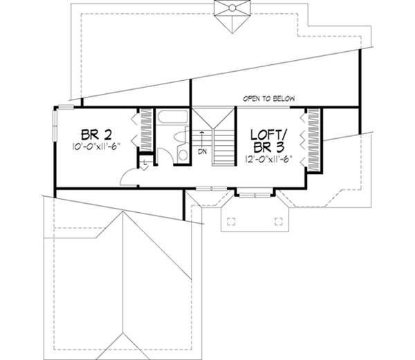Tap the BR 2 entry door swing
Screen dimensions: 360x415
pos(129,178)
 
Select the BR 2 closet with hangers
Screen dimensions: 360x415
pos(146,127)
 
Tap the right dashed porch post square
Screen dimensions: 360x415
pos(279,222)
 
